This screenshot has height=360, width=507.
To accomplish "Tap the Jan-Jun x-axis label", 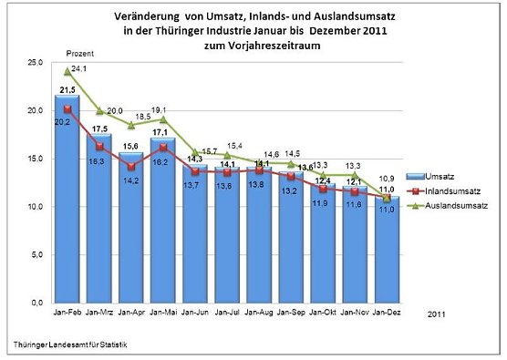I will (x=194, y=312).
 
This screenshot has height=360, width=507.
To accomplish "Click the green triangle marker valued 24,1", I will (x=68, y=71).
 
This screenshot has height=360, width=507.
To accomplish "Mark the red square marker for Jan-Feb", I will (x=68, y=109).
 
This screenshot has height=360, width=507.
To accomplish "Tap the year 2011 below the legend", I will (x=439, y=313).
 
